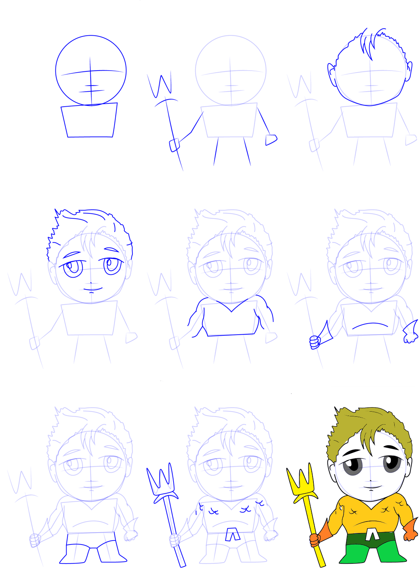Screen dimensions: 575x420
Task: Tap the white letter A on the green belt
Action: click(371, 535)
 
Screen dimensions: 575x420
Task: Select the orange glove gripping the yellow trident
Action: click(315, 540)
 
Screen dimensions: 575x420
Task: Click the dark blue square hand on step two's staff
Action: click(175, 145)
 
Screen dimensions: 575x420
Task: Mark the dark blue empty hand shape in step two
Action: click(271, 140)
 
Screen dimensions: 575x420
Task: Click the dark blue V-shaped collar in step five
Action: click(231, 307)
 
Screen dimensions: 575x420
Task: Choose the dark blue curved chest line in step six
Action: click(370, 325)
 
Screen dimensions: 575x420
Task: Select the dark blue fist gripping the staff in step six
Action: click(315, 342)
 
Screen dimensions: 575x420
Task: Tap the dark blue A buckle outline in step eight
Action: click(232, 535)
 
